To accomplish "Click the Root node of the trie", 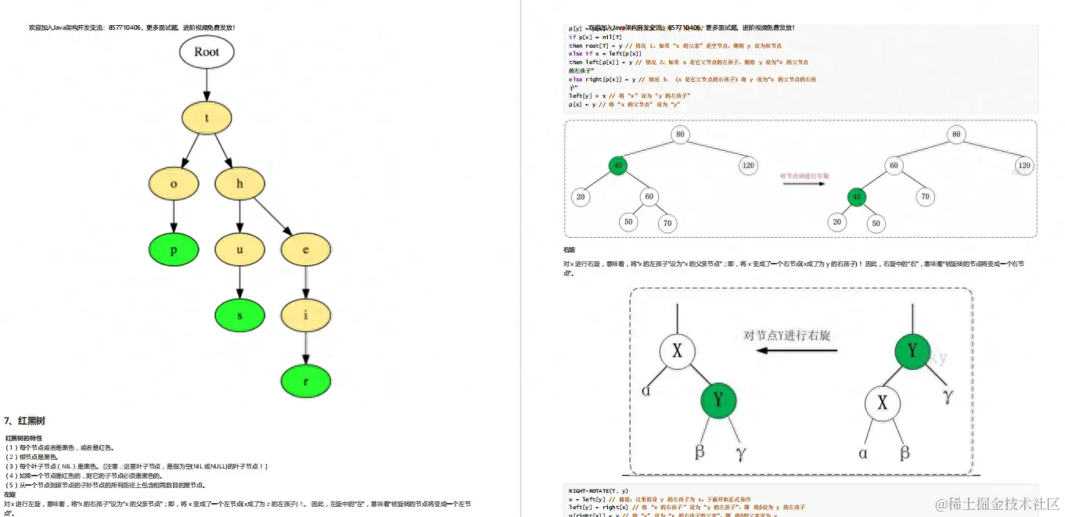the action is [207, 52].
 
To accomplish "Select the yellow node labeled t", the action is [207, 118].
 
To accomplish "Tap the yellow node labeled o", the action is [174, 184].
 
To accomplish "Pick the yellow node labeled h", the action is [239, 184].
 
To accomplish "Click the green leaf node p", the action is [174, 250].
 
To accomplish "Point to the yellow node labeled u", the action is [239, 250].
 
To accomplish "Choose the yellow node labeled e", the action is [305, 250].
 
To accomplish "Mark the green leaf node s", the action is [239, 316].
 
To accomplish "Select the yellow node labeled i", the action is [305, 316].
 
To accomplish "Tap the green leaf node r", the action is [305, 382].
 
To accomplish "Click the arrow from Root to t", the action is [207, 84].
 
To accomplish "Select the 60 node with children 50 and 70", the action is [648, 196].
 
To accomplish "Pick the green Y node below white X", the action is [719, 400].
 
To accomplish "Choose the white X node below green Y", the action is [883, 404].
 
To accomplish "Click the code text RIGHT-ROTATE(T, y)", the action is [598, 490].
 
